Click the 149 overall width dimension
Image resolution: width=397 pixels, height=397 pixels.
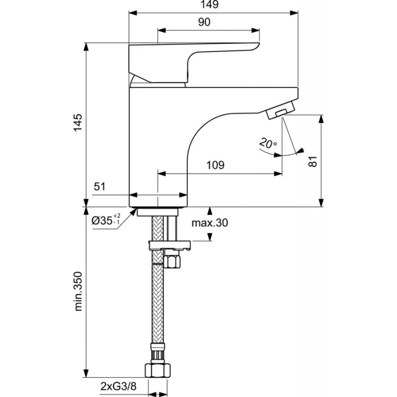pos(209,4)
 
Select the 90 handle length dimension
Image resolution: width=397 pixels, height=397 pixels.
pos(204,22)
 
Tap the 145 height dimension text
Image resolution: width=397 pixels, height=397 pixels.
pos(78,123)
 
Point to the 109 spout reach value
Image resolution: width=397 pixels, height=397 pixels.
pos(215,165)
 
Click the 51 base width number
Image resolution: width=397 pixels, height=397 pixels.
pos(100,187)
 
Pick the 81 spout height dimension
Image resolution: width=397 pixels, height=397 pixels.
pos(313,161)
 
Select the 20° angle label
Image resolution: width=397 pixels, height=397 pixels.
pos(268,143)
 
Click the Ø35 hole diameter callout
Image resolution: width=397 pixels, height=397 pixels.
pos(106,220)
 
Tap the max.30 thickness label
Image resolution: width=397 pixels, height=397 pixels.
pos(209,223)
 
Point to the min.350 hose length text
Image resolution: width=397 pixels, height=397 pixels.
pos(78,291)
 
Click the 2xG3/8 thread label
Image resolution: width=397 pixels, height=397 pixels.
pos(119,387)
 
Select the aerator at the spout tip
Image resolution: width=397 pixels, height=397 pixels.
pos(281,110)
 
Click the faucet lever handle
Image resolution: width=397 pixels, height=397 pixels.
pos(194,63)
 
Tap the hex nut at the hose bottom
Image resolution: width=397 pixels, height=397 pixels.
pos(158,371)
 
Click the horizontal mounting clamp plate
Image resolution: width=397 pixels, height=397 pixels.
pos(170,245)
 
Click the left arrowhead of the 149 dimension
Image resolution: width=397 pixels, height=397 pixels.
pos(132,13)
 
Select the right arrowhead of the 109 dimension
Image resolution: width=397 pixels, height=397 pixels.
pos(278,174)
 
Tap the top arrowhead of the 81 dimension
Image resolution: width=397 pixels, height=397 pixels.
pos(321,119)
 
